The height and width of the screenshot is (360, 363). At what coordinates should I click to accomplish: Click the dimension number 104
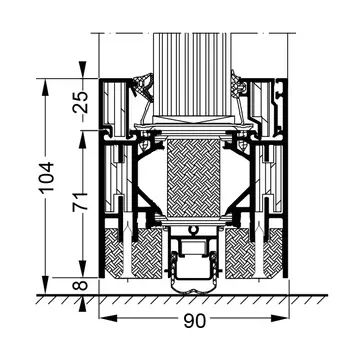pos(46,178)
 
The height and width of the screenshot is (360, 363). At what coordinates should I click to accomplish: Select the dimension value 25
pos(81,102)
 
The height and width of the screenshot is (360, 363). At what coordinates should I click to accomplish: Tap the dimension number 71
pos(81,201)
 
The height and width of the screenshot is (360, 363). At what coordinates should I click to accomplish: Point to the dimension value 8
pos(81,286)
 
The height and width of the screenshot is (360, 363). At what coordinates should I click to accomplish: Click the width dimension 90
pos(195,321)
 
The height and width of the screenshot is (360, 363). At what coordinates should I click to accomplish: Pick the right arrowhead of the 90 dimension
pos(279,318)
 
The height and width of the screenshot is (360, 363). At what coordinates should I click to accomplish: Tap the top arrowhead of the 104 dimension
pos(46,87)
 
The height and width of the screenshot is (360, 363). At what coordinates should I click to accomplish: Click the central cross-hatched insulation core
pos(194,178)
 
